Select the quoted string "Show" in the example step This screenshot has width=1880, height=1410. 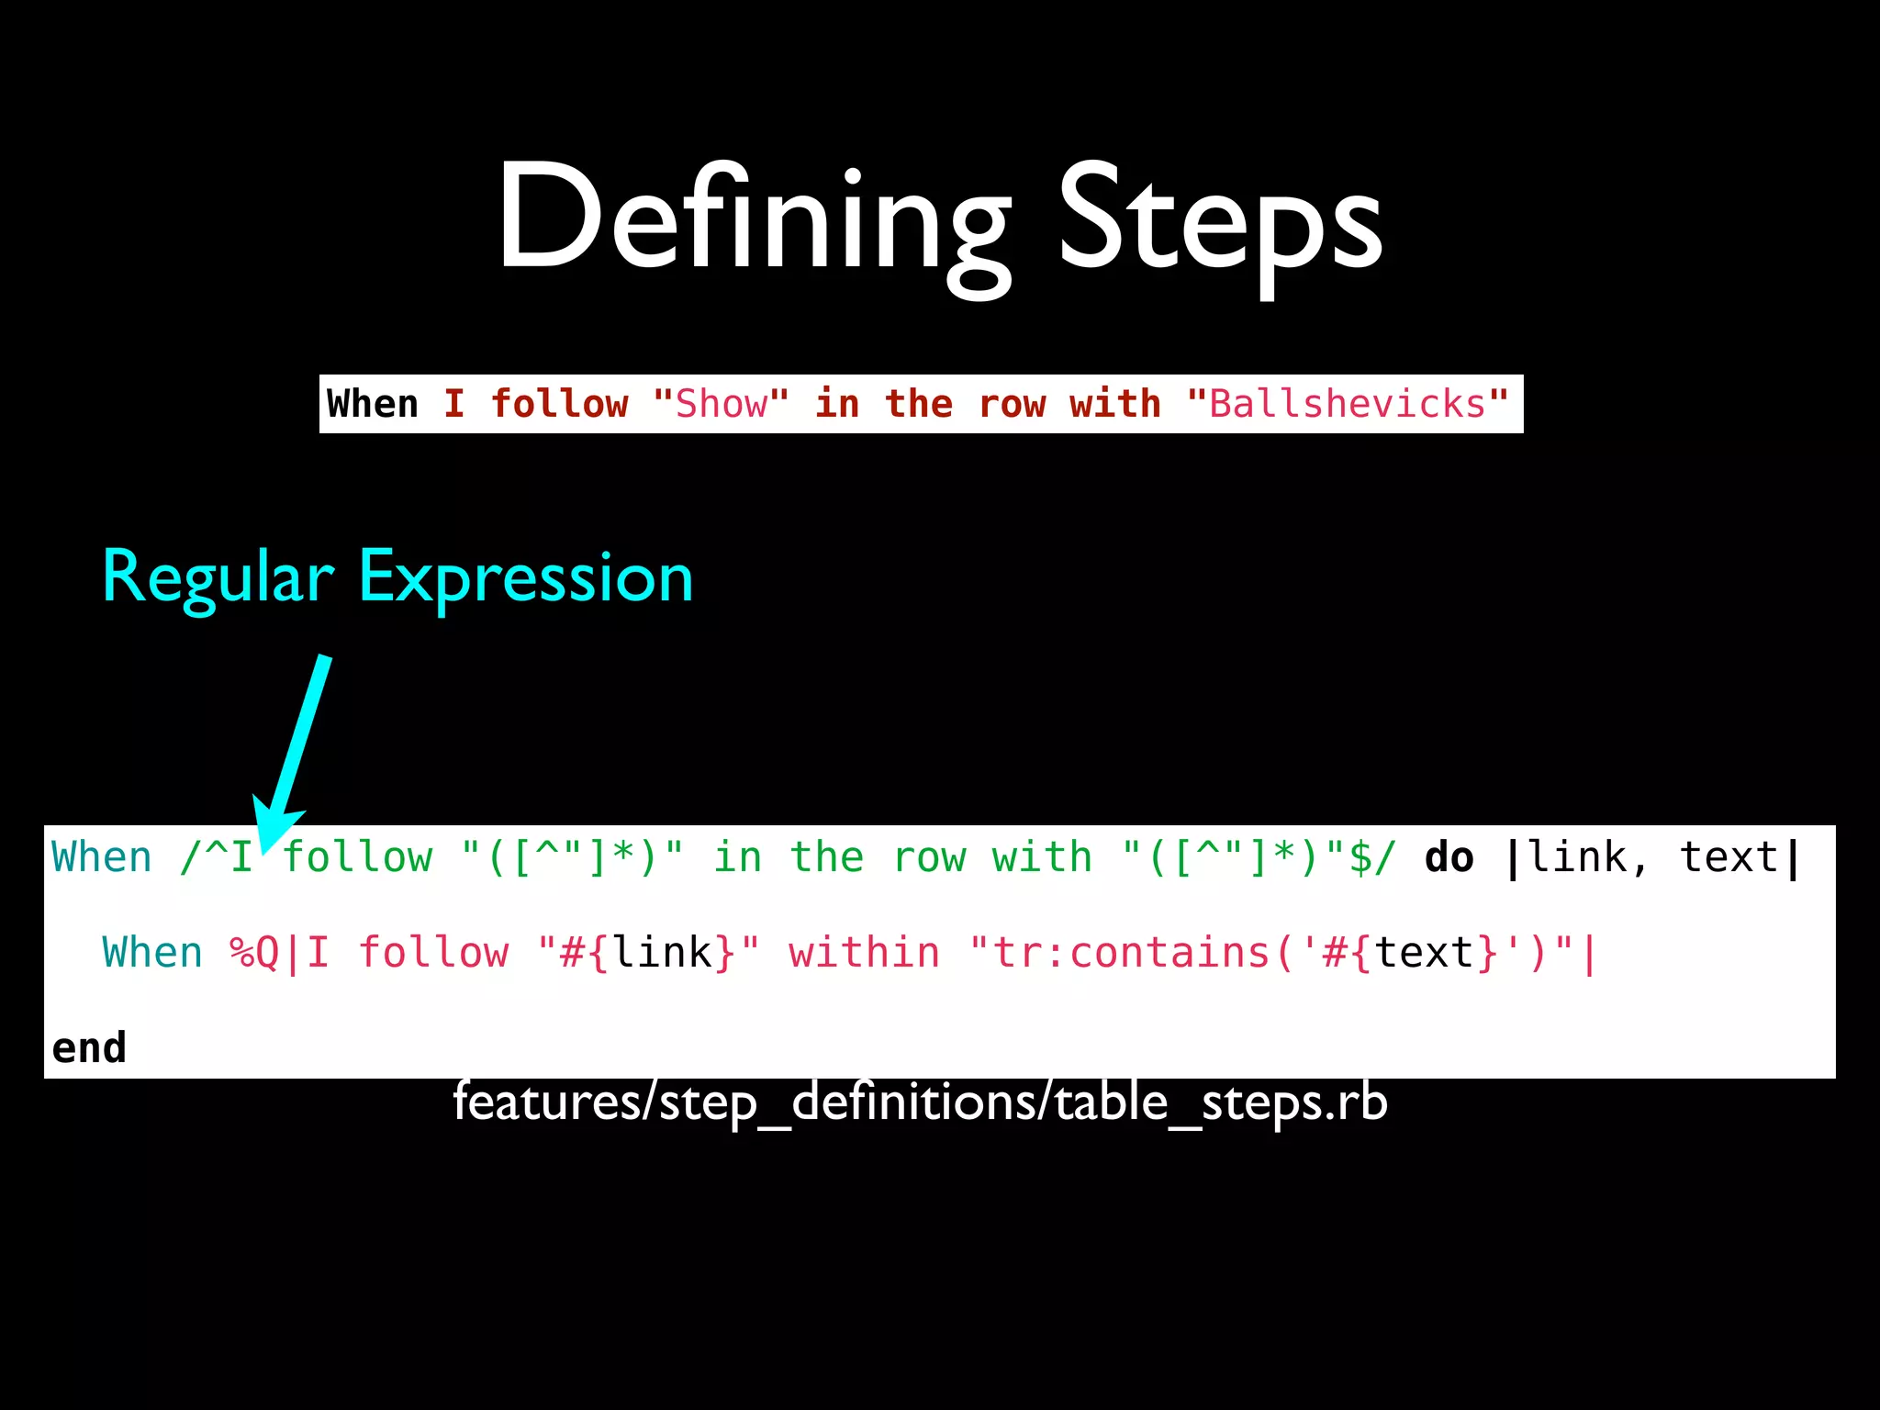coord(721,404)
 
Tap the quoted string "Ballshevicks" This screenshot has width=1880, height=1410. coord(1347,404)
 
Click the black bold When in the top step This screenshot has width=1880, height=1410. coord(372,404)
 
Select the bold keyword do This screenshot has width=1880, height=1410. coord(1449,857)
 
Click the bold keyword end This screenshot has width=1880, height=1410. coord(89,1047)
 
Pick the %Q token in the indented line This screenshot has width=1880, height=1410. coord(254,953)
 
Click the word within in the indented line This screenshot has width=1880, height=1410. coord(864,953)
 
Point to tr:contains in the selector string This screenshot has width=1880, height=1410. coord(1130,953)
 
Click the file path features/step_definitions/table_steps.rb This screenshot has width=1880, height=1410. coord(920,1102)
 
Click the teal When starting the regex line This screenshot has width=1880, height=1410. coord(101,857)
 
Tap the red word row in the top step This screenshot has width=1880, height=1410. coord(1011,404)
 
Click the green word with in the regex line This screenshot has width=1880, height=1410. coord(1042,857)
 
